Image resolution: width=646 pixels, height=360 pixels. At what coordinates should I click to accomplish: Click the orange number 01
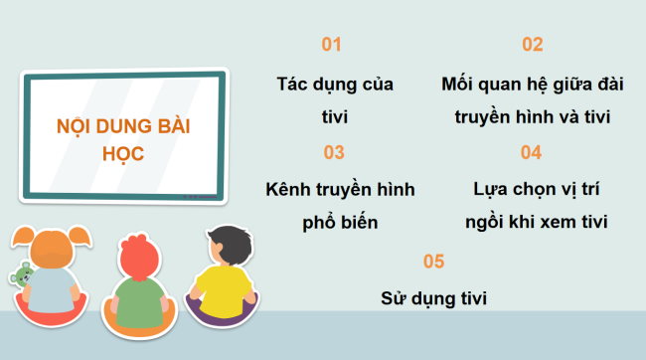pyautogui.click(x=332, y=45)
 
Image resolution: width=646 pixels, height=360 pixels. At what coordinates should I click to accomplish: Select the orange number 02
pyautogui.click(x=533, y=45)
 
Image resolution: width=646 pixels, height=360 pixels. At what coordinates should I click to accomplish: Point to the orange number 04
pyautogui.click(x=531, y=153)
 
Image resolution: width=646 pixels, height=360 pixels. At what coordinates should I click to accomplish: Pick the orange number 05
pyautogui.click(x=433, y=262)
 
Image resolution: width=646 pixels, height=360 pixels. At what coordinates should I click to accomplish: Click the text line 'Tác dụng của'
pyautogui.click(x=334, y=84)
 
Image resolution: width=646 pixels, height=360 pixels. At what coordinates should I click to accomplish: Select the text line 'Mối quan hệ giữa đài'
pyautogui.click(x=532, y=84)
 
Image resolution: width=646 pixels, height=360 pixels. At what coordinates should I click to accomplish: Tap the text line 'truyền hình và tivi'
pyautogui.click(x=532, y=116)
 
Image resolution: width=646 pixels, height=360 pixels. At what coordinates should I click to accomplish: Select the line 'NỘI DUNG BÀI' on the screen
pyautogui.click(x=122, y=127)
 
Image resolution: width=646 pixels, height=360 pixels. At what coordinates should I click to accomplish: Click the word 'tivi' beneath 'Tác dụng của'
pyautogui.click(x=334, y=116)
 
